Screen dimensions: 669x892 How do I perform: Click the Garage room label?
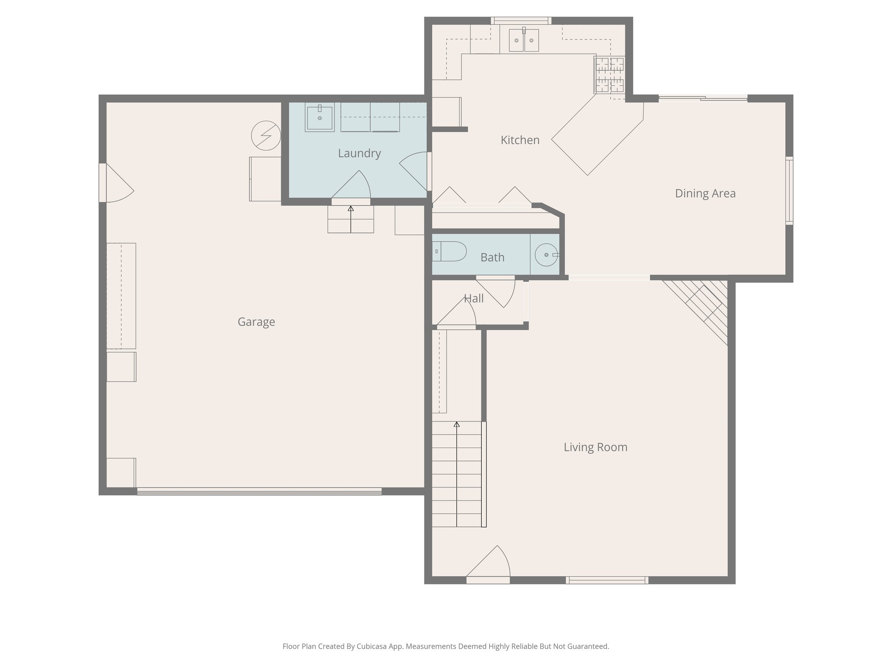(x=256, y=322)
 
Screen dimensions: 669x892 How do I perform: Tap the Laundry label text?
(x=359, y=153)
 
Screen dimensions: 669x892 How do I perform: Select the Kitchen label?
(x=520, y=140)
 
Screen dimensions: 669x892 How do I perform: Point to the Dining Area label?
(x=705, y=193)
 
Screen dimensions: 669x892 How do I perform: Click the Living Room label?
(x=595, y=447)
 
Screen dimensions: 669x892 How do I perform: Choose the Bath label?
(x=492, y=257)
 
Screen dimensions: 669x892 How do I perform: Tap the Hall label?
(x=474, y=299)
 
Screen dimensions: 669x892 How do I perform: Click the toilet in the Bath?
(x=449, y=251)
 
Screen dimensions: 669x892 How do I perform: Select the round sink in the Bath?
(x=546, y=255)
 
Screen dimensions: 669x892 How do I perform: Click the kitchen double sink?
(x=524, y=41)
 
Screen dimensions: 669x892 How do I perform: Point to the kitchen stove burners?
(x=610, y=75)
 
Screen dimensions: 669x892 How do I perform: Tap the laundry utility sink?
(x=319, y=118)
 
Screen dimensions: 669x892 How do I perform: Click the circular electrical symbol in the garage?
(x=266, y=135)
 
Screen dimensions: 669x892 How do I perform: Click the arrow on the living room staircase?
(x=457, y=425)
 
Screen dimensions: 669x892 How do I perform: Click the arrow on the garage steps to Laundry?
(x=351, y=209)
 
